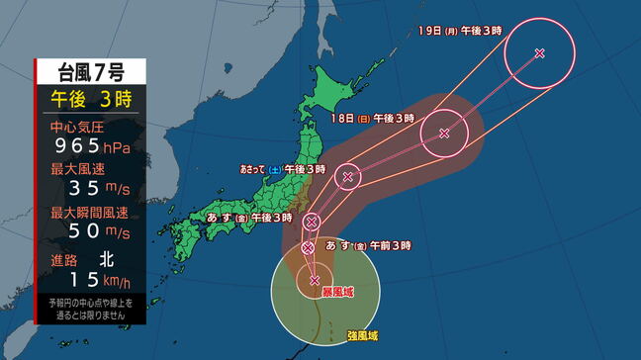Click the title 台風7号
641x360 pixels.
(x=90, y=71)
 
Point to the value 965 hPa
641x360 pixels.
(x=92, y=147)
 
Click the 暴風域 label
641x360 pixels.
(x=334, y=294)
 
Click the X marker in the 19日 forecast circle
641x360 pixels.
(x=539, y=53)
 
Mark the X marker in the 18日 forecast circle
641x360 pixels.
(x=444, y=133)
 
